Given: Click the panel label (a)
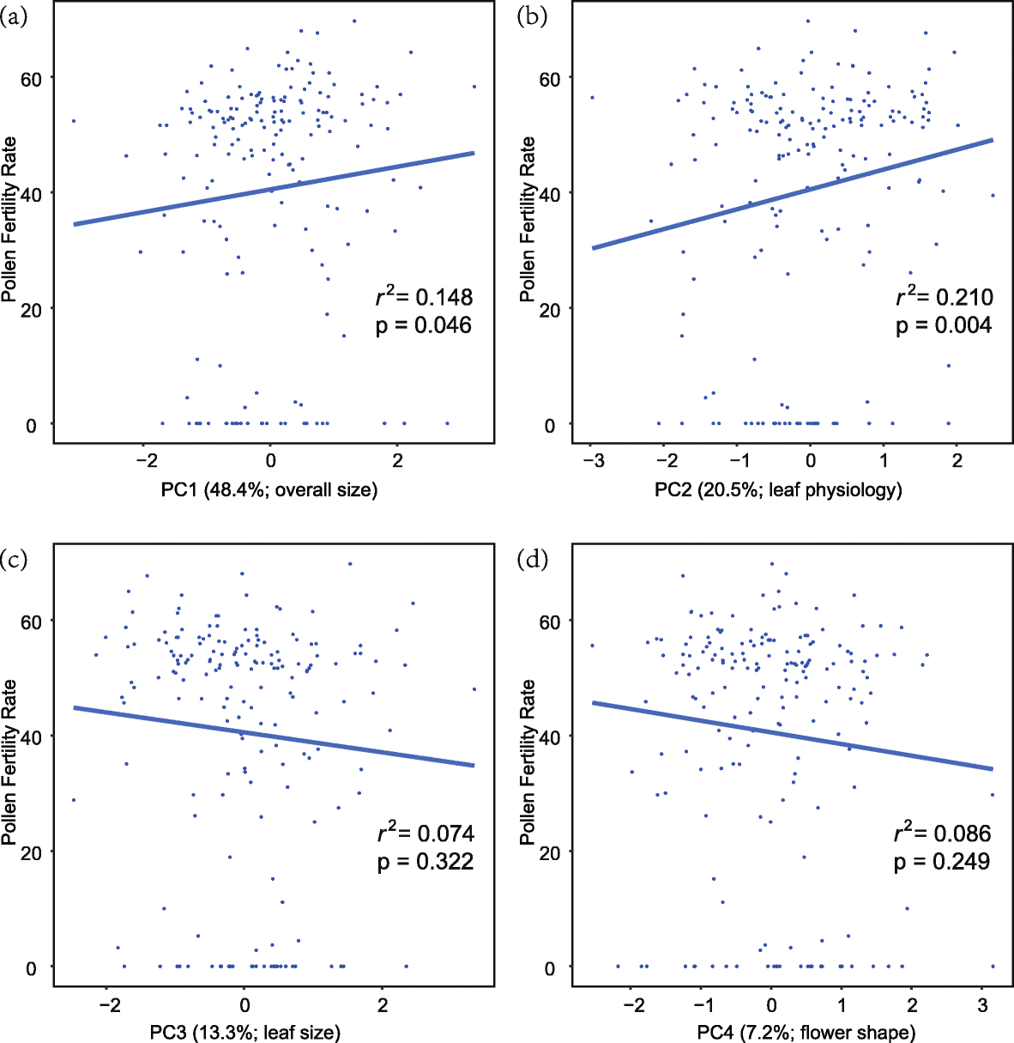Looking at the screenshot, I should point(15,17).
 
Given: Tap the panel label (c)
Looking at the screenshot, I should point(15,560).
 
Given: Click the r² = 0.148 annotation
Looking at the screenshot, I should point(425,296).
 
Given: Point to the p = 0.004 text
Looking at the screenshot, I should point(944,325).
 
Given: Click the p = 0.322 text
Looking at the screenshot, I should point(425,861).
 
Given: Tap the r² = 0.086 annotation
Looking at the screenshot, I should point(942,833).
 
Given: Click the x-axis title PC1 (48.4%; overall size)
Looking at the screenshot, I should point(269,489).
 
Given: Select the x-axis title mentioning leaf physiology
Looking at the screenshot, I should point(778,489).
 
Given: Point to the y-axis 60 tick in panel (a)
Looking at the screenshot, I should point(32,78).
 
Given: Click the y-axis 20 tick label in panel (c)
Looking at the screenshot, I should point(32,852).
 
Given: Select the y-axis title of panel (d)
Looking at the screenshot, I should point(528,761).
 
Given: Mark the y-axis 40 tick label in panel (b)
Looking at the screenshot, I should point(550,194).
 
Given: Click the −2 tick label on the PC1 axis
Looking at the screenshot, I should point(143,462).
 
